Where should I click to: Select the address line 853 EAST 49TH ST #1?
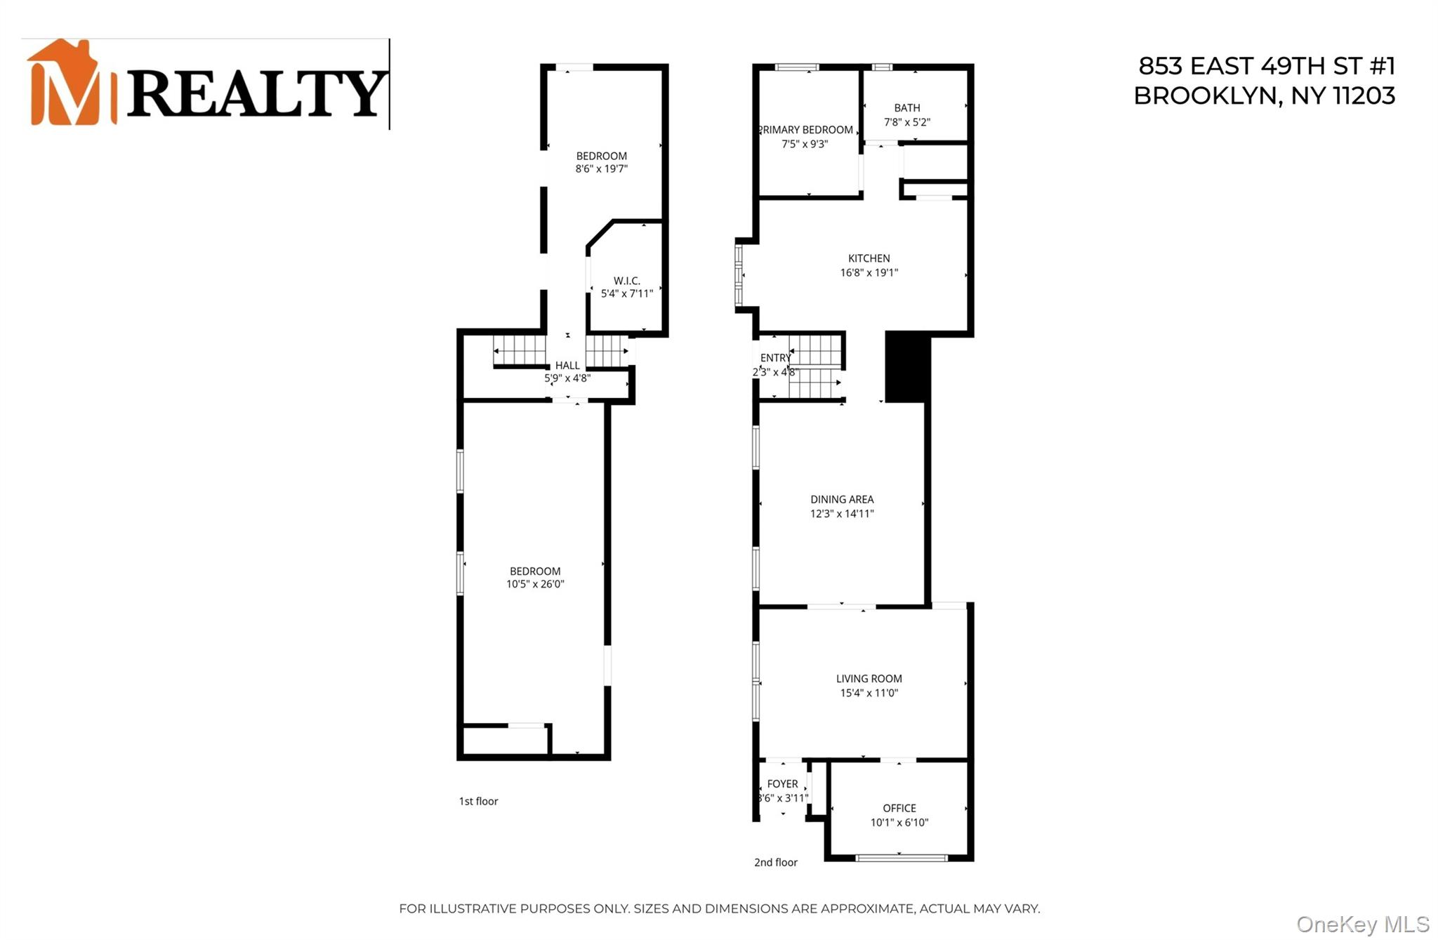point(1266,66)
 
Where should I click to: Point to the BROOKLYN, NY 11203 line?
point(1264,96)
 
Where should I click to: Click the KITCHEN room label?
point(869,258)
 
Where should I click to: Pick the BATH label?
point(906,108)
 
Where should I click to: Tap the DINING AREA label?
point(842,499)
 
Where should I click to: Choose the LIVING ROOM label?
point(869,678)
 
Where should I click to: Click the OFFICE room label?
point(899,808)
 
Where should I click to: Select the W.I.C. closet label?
point(626,281)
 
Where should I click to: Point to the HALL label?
point(567,365)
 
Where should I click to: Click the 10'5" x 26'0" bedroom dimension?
point(535,584)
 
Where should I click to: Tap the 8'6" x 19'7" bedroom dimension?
point(601,168)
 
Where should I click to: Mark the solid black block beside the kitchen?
point(907,366)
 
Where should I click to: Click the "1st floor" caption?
point(478,801)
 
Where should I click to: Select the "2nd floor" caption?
point(775,862)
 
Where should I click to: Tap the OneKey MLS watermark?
point(1362,924)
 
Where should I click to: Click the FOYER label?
point(782,783)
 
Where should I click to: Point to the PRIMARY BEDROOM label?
point(806,130)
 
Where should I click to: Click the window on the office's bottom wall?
point(902,857)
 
